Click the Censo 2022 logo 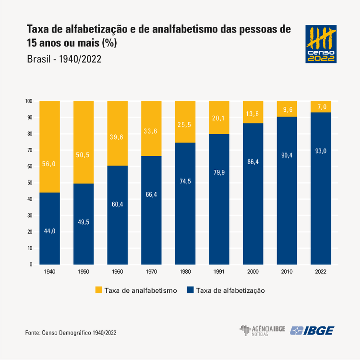point(321,44)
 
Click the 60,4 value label point(117,204)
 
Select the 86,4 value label point(253,161)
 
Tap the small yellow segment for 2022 point(321,106)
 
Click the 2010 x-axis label point(287,272)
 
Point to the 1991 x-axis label point(219,272)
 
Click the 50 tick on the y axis point(30,183)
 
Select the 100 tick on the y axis point(29,101)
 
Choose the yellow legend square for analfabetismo point(98,290)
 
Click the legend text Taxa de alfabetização point(230,290)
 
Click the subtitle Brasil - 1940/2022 point(64,59)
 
